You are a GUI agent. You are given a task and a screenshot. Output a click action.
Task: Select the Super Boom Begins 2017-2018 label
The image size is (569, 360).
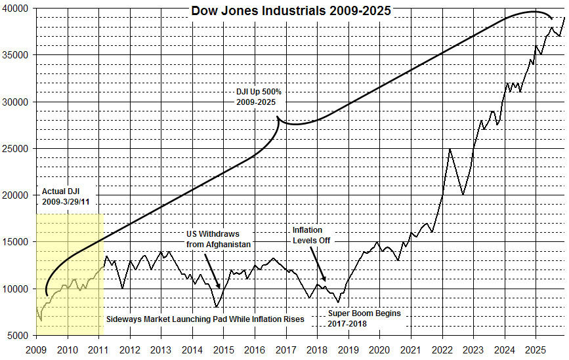[x=364, y=318]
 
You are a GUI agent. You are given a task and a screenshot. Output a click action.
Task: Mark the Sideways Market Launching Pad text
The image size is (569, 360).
[x=205, y=319]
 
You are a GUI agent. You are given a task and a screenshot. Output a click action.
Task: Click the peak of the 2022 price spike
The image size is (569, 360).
[x=450, y=150]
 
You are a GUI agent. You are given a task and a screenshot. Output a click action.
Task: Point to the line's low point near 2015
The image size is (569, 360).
[x=217, y=307]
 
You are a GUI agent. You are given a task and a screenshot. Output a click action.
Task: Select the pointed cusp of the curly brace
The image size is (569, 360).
[x=278, y=117]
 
